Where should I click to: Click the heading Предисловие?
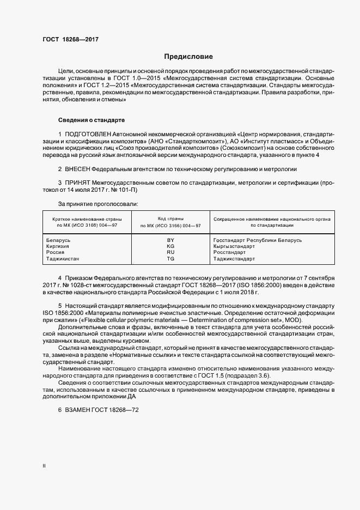[188, 57]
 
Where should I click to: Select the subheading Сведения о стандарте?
[91, 120]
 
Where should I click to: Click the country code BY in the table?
[170, 240]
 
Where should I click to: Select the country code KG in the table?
[170, 246]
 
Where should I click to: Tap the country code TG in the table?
[170, 259]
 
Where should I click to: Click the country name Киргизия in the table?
[58, 246]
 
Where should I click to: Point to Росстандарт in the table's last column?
[229, 253]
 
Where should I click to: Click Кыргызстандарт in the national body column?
[234, 246]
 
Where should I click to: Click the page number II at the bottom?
[44, 466]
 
